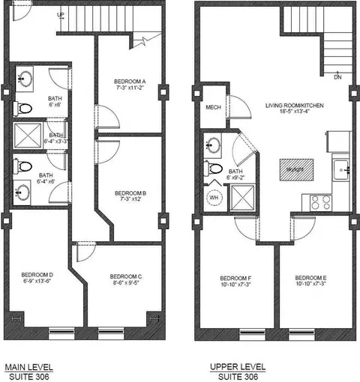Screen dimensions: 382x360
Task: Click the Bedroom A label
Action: point(130,81)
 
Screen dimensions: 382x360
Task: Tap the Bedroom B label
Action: point(130,192)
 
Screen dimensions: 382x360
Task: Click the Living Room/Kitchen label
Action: point(294,106)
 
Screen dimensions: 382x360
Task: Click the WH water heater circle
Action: point(214,198)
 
